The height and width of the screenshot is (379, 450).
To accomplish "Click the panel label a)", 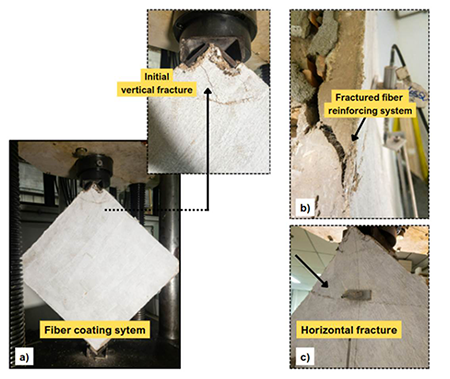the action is click(x=24, y=358).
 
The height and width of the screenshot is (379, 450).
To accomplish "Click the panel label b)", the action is click(x=305, y=208).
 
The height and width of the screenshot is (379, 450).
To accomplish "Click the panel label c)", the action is click(x=305, y=357).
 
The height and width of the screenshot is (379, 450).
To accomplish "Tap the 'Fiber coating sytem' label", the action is click(x=95, y=330).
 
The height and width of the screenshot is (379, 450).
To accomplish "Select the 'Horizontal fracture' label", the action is click(x=349, y=330).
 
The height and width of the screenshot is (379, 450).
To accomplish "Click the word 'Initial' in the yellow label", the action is click(x=157, y=76).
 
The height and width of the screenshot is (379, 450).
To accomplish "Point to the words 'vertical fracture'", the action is click(x=157, y=90).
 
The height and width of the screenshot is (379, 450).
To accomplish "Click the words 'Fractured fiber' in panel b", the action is click(x=369, y=97).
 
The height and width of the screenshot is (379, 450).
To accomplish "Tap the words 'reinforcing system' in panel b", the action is click(x=370, y=111).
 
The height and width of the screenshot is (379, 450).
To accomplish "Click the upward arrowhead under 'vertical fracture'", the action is click(x=208, y=91).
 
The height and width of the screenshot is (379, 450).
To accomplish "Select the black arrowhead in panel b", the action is click(x=355, y=137).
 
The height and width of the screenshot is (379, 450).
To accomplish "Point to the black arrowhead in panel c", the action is click(x=325, y=283).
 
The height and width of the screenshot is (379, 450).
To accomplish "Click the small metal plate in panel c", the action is click(x=356, y=294).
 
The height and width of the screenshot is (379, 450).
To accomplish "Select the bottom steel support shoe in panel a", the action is click(x=97, y=353).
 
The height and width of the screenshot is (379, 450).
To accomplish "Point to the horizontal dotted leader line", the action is click(x=156, y=210).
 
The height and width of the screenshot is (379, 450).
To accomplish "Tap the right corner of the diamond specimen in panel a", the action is click(x=178, y=266).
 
